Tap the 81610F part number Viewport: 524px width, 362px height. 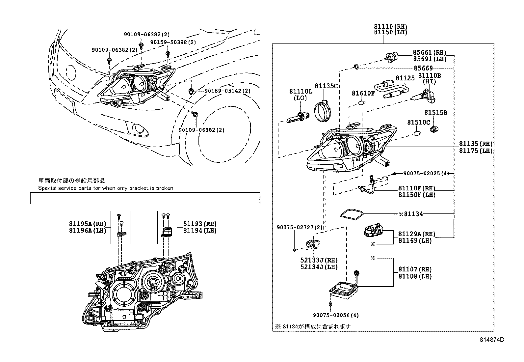click(x=363, y=93)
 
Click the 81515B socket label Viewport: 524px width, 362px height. click(x=435, y=113)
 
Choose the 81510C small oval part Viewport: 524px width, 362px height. click(x=417, y=133)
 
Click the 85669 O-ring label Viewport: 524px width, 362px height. click(x=423, y=68)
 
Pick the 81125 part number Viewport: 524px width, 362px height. click(x=405, y=78)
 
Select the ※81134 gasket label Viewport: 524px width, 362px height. click(x=410, y=214)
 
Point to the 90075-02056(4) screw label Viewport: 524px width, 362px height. click(x=336, y=315)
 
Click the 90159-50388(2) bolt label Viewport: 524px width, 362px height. click(x=173, y=42)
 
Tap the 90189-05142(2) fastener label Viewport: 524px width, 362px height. click(x=227, y=91)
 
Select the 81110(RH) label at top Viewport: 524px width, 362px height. click(x=390, y=26)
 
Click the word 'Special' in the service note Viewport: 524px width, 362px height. click(x=47, y=188)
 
